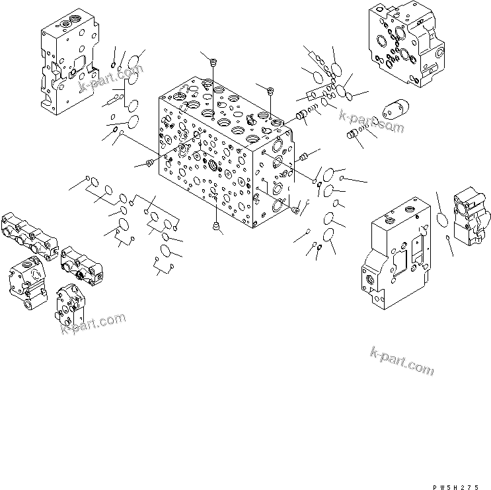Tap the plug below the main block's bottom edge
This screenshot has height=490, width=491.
click(215, 228)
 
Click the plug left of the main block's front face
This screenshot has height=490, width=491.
click(149, 163)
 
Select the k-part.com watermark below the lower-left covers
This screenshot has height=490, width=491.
click(92, 323)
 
